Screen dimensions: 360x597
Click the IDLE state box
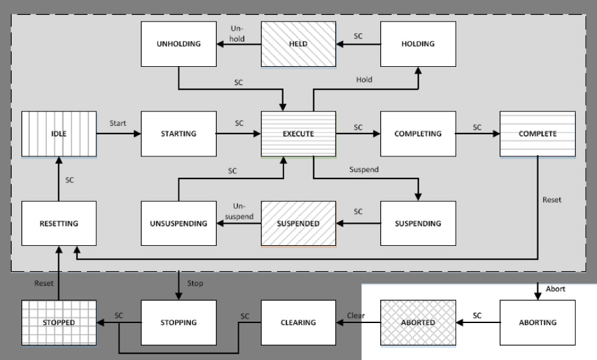pos(59,134)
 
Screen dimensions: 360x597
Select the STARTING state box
pos(178,134)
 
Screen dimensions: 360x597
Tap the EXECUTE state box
pos(298,134)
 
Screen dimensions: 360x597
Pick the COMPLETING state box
pos(418,134)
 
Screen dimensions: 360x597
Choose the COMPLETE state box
pos(537,134)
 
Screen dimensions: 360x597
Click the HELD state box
pos(298,44)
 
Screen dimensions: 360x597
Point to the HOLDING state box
pos(418,44)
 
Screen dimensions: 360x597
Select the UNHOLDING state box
pos(178,44)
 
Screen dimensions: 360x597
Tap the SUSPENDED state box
pos(298,224)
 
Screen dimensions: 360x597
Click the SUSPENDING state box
pos(418,224)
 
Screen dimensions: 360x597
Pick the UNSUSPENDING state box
pos(178,224)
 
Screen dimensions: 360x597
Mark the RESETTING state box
pos(59,224)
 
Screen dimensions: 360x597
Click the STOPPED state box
pos(59,322)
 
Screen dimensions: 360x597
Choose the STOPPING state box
pos(178,322)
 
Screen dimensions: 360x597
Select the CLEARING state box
pos(298,322)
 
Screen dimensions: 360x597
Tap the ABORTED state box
pos(418,322)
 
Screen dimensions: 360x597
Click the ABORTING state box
pos(537,322)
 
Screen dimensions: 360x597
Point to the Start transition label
pos(118,123)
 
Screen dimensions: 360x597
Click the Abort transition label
pos(555,289)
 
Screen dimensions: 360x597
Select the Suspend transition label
pos(364,169)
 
